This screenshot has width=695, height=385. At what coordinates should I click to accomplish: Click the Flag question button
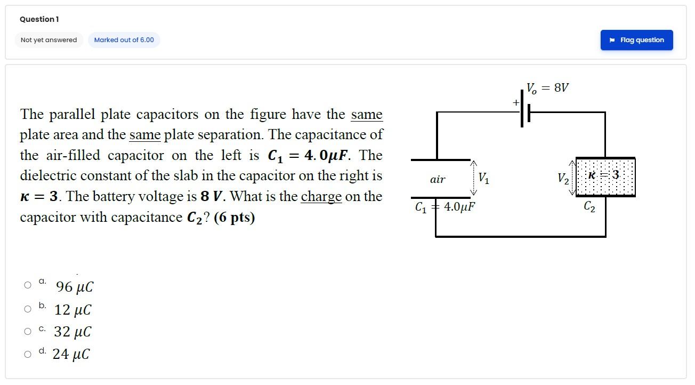tap(636, 40)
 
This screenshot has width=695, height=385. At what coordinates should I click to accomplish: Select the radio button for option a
tap(28, 285)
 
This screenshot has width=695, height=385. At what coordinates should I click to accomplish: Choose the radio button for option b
tap(28, 309)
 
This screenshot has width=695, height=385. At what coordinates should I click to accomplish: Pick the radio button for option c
tap(28, 331)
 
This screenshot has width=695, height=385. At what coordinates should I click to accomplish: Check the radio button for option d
tap(28, 354)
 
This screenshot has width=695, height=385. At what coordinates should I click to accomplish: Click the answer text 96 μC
tap(75, 287)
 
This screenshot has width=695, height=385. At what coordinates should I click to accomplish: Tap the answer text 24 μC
tap(71, 354)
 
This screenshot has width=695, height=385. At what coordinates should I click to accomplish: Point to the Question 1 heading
tap(39, 19)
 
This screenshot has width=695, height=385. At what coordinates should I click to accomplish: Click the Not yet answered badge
tap(49, 40)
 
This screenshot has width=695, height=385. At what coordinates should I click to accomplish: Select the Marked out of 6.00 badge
tap(124, 40)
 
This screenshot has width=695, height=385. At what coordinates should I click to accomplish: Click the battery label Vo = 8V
tap(547, 88)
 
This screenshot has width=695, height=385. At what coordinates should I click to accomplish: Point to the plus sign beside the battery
tap(516, 102)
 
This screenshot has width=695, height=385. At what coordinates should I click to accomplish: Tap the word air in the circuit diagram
tap(438, 179)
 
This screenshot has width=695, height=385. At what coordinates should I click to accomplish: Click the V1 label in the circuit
tap(483, 178)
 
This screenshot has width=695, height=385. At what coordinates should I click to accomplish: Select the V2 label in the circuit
tap(563, 179)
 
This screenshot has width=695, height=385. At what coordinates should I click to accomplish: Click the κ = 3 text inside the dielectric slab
tap(603, 175)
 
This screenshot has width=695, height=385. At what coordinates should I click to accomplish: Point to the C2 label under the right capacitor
tap(589, 207)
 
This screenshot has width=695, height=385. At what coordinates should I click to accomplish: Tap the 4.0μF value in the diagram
tap(459, 207)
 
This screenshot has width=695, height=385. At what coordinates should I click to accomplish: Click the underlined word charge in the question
tap(321, 197)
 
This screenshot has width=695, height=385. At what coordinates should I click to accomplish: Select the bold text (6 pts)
tap(234, 218)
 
